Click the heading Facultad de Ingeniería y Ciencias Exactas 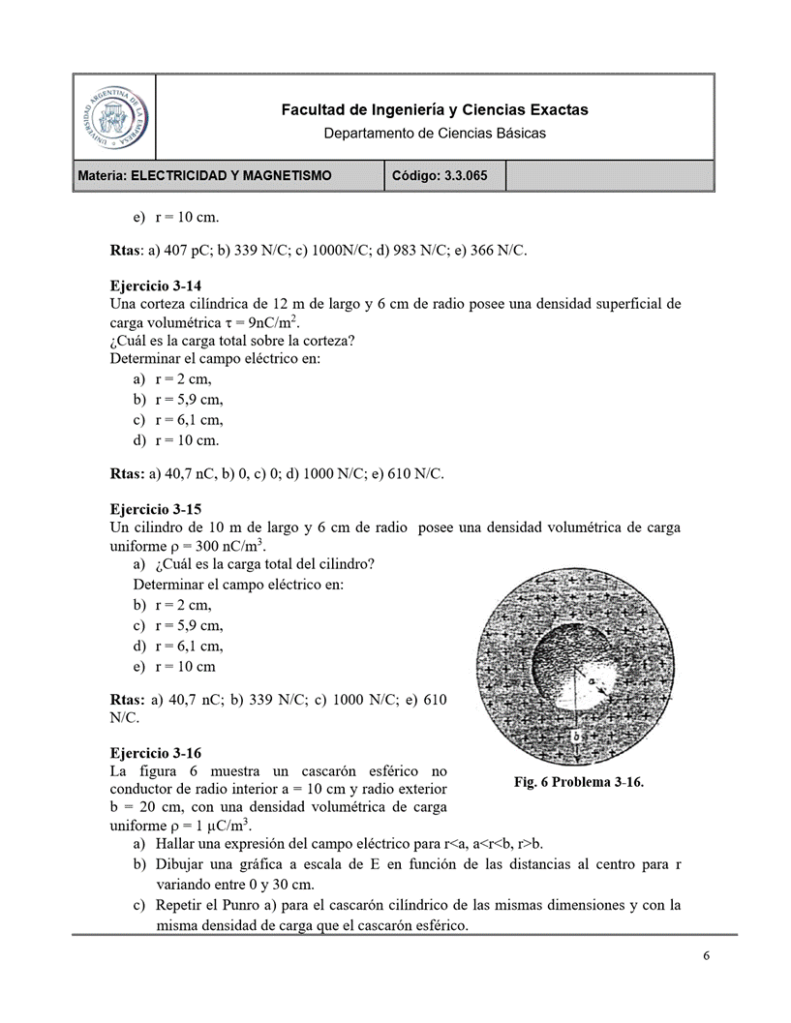point(434,110)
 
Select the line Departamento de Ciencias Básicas point(434,133)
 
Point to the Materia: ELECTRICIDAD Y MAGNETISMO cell point(205,175)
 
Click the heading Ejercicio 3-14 point(156,286)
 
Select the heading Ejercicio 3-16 point(156,753)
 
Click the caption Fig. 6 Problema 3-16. point(578,782)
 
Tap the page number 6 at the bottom point(707,956)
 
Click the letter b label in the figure point(576,736)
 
